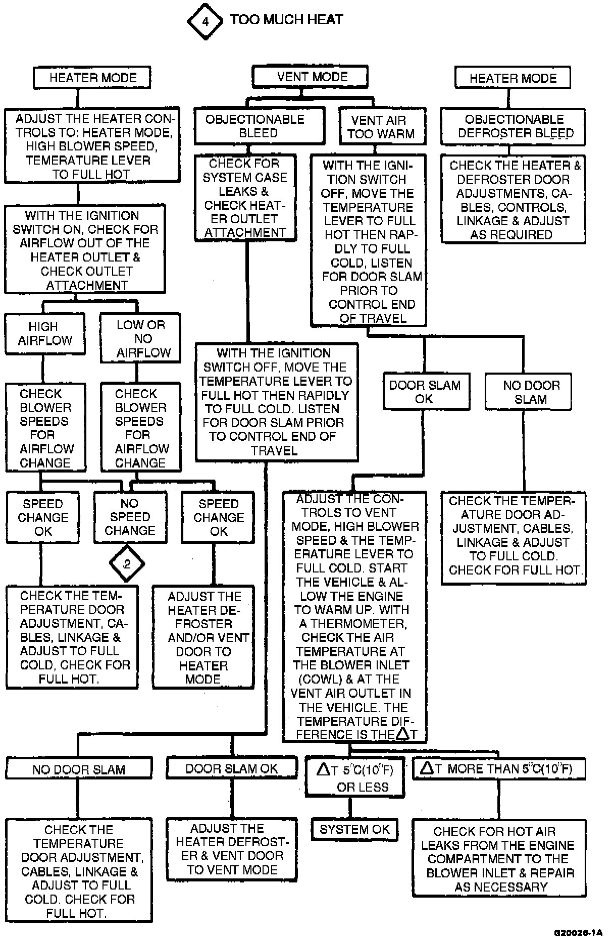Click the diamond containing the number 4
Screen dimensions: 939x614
204,22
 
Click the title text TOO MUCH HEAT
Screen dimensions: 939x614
286,20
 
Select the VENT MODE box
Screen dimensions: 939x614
310,77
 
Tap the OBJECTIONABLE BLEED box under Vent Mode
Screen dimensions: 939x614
259,126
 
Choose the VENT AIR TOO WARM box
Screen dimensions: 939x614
382,127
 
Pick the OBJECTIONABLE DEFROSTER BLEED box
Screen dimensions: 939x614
513,126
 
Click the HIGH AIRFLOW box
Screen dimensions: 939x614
44,333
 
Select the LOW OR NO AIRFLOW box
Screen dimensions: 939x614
140,338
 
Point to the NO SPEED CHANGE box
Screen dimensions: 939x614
130,517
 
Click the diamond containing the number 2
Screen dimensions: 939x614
127,564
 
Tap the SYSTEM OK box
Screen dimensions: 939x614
354,829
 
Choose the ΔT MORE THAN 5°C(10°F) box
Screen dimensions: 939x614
499,768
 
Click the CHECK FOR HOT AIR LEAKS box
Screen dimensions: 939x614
499,858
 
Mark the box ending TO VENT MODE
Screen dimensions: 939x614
232,849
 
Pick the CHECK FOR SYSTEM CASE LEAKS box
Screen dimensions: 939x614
245,198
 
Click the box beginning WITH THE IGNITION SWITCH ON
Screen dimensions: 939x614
85,249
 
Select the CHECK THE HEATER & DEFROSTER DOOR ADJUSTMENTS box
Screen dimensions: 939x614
513,199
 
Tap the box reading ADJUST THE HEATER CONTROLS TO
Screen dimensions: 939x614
92,145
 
